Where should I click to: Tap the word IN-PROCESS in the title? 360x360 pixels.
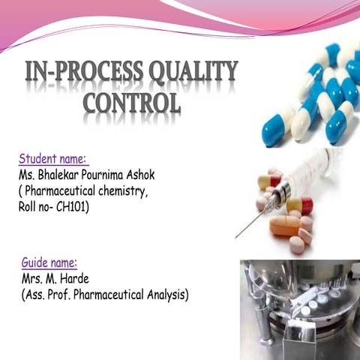[x=77, y=72]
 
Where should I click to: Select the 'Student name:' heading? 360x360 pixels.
[x=53, y=160]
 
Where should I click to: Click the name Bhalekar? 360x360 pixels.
[x=62, y=175]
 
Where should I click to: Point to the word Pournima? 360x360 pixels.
[x=112, y=175]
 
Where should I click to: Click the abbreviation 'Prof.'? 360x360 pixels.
[x=66, y=295]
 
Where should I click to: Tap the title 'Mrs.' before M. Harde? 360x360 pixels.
[x=34, y=280]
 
